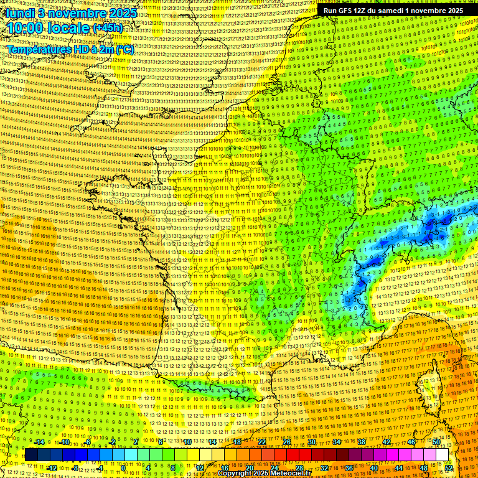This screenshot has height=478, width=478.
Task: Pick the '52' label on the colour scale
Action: point(449,467)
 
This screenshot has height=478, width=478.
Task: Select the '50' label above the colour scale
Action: point(436,441)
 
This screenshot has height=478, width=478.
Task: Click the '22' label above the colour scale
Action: point(262,441)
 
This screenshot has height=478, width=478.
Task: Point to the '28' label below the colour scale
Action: point(299,467)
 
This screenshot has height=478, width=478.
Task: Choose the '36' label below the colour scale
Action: point(349,467)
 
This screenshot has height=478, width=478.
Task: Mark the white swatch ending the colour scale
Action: point(443,455)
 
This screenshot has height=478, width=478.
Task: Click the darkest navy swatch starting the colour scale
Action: point(31,455)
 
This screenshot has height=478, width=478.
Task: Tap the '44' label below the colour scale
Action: point(399,467)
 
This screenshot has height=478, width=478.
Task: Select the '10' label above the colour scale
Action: point(187,441)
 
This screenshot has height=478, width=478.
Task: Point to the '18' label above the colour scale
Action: point(237,441)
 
